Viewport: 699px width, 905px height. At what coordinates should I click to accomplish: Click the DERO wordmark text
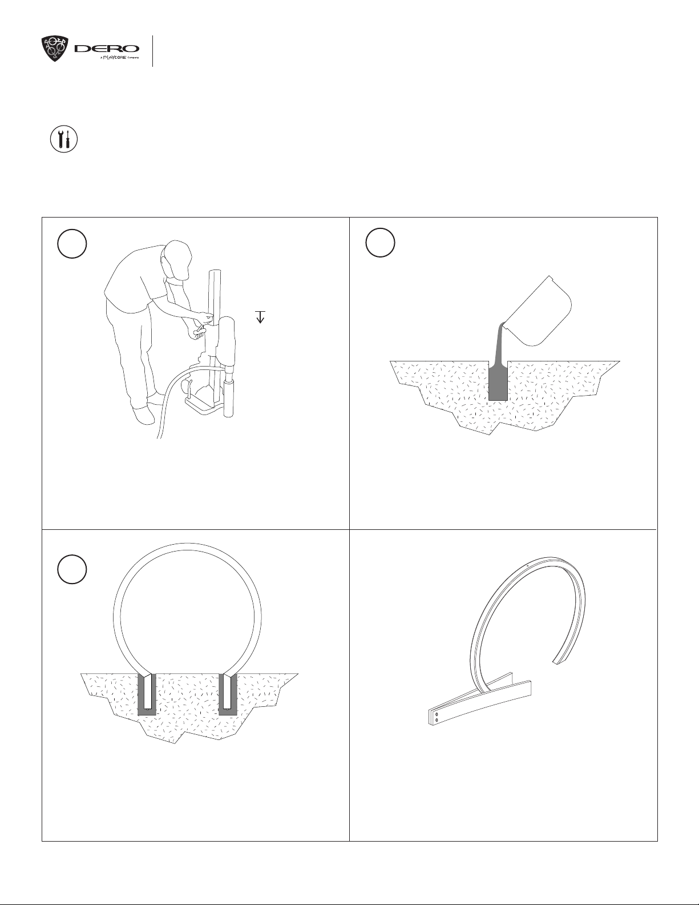[107, 49]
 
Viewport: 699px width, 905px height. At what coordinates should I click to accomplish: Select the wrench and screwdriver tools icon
[64, 139]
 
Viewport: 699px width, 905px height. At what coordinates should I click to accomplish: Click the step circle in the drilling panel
[72, 244]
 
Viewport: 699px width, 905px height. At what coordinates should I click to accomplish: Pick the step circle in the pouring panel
[380, 243]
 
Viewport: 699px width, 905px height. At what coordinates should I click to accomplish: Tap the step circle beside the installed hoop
[72, 569]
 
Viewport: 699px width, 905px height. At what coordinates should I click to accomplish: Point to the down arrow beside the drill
[260, 317]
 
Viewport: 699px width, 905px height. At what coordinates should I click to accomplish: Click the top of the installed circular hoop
[187, 546]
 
